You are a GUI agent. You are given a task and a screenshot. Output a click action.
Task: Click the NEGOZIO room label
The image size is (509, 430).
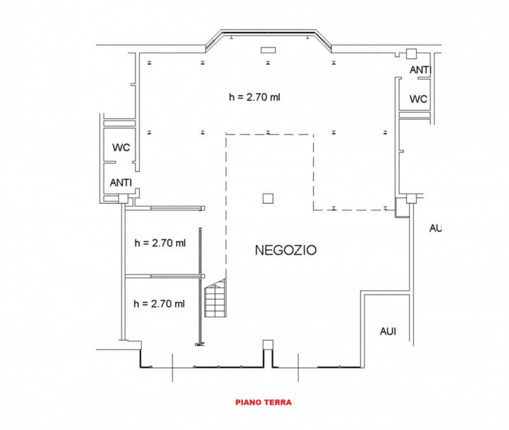click(x=286, y=250)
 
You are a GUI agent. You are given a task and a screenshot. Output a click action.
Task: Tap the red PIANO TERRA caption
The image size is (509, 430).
click(x=263, y=403)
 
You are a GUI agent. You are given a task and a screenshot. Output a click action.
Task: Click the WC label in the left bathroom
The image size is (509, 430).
click(x=121, y=148)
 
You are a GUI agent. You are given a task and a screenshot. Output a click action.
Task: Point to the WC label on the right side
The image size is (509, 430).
click(x=419, y=99)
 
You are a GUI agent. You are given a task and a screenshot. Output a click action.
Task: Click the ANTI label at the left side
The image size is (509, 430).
click(x=121, y=183)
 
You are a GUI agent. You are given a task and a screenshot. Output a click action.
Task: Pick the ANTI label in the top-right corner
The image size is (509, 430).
click(x=420, y=70)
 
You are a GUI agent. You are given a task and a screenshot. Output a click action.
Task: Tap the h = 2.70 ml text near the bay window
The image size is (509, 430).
click(x=254, y=97)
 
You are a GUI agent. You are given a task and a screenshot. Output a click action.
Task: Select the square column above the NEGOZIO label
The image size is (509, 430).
click(x=268, y=198)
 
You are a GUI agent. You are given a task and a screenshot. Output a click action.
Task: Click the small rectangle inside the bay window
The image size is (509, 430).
click(x=268, y=50)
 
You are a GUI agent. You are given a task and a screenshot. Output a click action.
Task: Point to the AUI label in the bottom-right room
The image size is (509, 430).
click(x=388, y=331)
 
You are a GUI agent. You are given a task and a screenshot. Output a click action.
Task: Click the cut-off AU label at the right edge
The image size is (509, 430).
click(x=436, y=228)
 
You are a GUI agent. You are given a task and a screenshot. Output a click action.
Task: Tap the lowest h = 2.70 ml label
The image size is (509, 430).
click(x=159, y=304)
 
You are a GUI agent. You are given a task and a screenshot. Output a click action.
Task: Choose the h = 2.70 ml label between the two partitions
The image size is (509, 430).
click(x=160, y=243)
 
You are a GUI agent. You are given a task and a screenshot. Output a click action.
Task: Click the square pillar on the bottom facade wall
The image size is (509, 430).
click(x=268, y=345)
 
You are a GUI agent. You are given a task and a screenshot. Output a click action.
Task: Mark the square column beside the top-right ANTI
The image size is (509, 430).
click(x=411, y=54)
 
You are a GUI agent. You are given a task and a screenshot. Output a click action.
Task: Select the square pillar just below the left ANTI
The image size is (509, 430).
click(x=123, y=199)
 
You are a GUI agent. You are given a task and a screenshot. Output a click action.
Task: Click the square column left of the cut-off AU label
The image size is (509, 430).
click(x=412, y=198)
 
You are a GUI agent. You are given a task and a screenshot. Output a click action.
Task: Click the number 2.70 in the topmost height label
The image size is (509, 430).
click(x=257, y=97)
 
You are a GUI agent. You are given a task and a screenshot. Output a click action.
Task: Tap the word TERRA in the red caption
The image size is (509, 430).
click(x=277, y=403)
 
